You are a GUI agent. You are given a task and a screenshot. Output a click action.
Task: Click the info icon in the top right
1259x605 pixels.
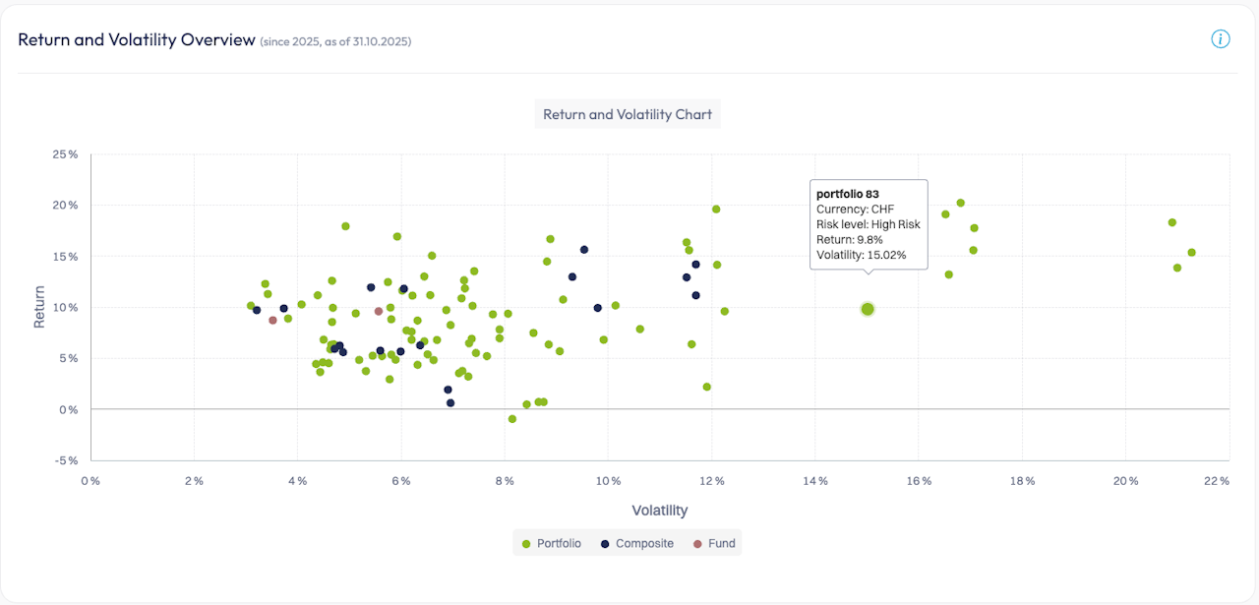pos(1221,39)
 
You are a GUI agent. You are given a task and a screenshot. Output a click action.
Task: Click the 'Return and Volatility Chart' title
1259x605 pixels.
pos(628,114)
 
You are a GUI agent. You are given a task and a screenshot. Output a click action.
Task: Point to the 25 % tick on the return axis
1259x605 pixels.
pos(66,154)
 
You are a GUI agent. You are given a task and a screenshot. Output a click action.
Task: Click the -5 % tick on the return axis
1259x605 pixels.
pos(67,459)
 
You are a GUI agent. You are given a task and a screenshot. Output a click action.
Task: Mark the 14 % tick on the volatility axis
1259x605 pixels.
pos(814,481)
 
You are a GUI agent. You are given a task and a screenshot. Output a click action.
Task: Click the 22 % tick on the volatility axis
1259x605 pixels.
pos(1217,481)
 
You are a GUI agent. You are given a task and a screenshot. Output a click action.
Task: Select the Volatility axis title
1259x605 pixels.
pos(659,511)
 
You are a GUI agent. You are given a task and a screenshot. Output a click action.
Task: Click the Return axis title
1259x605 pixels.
pos(39,306)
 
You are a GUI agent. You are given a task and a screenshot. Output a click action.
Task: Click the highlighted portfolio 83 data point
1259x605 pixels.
pos(868,309)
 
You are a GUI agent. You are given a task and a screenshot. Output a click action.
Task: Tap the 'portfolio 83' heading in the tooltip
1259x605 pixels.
pos(848,194)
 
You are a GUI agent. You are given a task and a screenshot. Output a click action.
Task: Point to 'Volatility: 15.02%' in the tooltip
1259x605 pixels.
pos(861,255)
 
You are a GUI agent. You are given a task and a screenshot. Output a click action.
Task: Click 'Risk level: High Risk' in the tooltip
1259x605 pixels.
pos(868,224)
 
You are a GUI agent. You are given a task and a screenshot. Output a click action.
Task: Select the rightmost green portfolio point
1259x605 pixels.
pos(1191,253)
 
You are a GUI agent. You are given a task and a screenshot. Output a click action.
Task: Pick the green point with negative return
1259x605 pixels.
pos(512,419)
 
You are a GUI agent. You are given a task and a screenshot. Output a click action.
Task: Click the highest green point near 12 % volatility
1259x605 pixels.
pos(716,210)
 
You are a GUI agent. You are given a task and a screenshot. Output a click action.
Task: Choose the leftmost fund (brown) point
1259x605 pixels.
pos(272,321)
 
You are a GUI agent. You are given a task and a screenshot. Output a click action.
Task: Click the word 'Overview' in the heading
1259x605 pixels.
pos(218,39)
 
